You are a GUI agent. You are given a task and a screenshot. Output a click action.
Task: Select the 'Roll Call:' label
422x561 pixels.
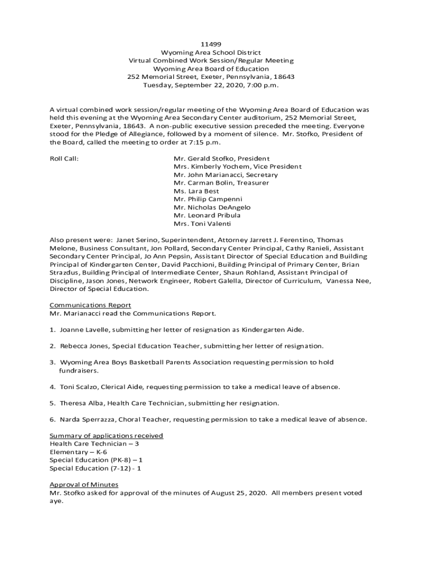[64, 159]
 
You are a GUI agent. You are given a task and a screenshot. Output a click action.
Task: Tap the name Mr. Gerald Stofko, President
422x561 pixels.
[221, 159]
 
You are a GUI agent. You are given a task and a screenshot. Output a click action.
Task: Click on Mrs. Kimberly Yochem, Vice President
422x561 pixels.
[237, 167]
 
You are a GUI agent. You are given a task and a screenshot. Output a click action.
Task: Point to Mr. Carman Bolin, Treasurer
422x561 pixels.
[221, 183]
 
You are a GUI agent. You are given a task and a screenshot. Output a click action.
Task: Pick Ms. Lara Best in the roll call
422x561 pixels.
[196, 191]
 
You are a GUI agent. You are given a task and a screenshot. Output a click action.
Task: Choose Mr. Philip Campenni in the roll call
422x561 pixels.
[208, 199]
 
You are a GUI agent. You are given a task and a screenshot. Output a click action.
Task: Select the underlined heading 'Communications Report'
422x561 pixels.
[90, 305]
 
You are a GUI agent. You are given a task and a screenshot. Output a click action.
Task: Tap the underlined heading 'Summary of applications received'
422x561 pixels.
[106, 436]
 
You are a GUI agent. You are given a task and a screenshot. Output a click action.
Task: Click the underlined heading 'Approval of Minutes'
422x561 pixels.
[84, 485]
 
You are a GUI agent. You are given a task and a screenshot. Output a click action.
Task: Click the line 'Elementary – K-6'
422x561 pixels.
[78, 452]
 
